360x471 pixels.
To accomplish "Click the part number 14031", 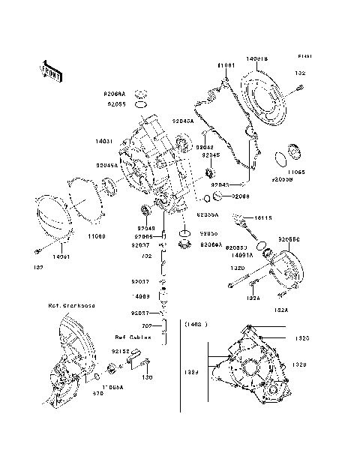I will click(104, 140).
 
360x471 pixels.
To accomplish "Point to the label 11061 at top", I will click(228, 66).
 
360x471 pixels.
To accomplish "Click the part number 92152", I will click(121, 350).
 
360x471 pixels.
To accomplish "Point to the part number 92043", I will click(220, 184).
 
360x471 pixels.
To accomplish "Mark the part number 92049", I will click(145, 227).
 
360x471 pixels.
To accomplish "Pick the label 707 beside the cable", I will click(148, 326).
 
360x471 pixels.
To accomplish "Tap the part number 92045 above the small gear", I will click(210, 155).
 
